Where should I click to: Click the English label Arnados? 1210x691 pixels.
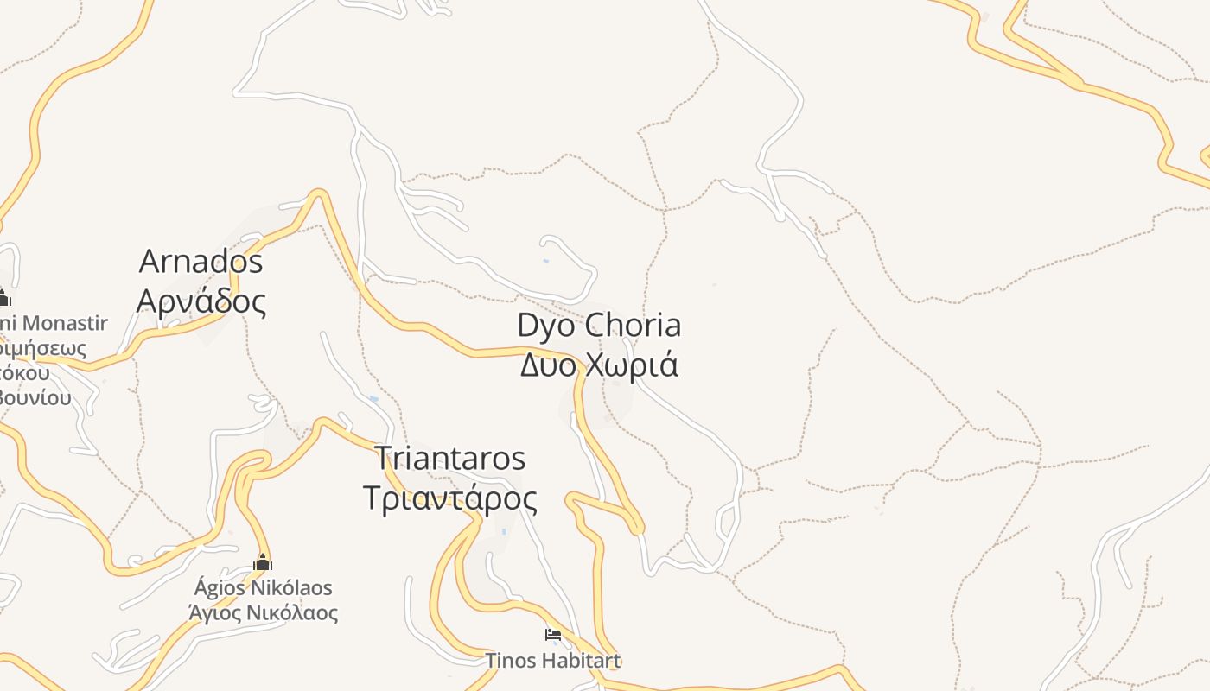(201, 261)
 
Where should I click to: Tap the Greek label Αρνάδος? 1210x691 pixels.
(201, 301)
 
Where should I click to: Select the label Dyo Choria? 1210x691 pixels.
(599, 326)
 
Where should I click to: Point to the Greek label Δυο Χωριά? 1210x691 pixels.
(599, 365)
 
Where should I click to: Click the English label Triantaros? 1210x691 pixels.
(449, 459)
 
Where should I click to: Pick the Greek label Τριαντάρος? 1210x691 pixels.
(449, 498)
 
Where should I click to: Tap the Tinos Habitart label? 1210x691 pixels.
(553, 661)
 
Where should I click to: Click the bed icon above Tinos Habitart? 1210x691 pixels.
(553, 635)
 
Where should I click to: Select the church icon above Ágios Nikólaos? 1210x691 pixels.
(263, 563)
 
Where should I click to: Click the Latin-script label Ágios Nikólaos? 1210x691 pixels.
(263, 588)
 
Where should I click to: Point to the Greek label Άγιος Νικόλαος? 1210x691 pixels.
(263, 613)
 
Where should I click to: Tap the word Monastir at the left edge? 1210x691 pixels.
(65, 324)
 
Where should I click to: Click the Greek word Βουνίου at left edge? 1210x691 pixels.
(35, 398)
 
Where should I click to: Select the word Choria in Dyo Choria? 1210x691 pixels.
(633, 326)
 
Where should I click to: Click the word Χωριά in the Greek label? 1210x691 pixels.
(632, 365)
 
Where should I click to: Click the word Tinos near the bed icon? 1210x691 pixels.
(508, 661)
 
